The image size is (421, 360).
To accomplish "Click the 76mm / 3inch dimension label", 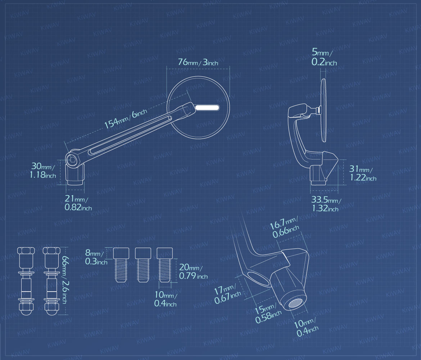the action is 198,62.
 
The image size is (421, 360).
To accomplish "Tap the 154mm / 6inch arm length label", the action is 126,119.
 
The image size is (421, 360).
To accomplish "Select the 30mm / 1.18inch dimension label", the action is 43,170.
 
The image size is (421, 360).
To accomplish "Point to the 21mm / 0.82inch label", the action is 78,203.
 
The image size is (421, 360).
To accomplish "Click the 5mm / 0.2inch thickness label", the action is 324,57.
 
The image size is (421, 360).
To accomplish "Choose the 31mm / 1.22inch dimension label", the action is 363,173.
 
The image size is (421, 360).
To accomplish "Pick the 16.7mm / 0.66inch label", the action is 285,228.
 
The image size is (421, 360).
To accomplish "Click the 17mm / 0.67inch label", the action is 227,294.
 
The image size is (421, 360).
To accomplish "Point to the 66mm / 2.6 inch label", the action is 65,279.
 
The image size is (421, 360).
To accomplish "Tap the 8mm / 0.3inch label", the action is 96,257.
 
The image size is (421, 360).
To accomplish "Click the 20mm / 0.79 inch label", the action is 193,271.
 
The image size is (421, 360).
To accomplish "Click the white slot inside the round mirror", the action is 207,108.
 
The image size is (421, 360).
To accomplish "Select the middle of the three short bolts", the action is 143,265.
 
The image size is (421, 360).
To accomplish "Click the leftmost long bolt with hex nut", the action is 26,281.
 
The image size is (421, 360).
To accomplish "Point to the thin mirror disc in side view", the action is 324,110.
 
